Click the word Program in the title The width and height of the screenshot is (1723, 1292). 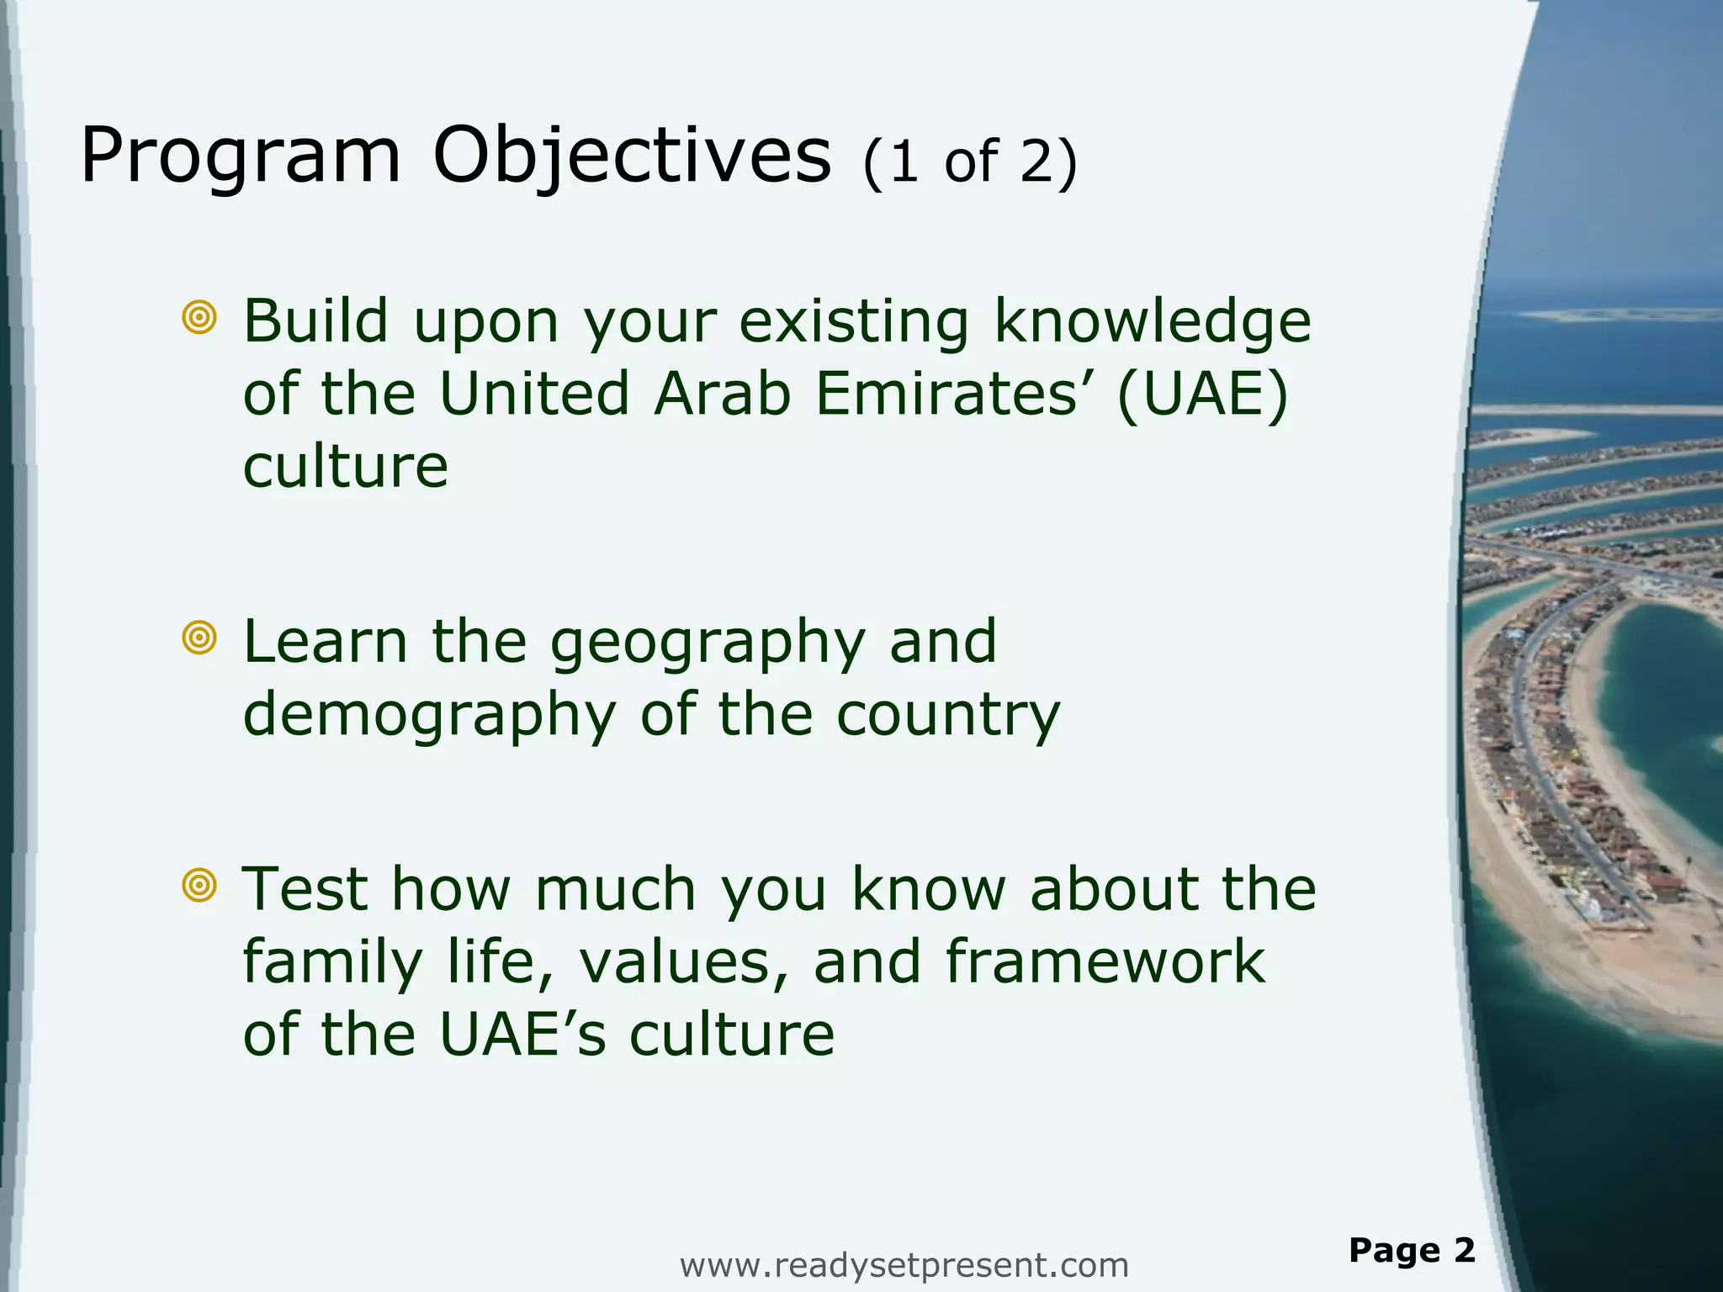point(241,158)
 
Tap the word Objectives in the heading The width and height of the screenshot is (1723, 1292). point(631,158)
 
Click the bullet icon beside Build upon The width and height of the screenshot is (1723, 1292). point(199,317)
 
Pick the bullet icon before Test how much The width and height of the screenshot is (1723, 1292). point(199,885)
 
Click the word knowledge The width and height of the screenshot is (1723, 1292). point(1152,323)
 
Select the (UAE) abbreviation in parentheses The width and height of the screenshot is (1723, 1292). point(1203,394)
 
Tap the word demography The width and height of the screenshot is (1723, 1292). point(429,716)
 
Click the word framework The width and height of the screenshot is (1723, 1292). point(1105,962)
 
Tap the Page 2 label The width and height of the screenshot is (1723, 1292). point(1412,1250)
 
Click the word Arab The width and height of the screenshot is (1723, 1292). point(723,394)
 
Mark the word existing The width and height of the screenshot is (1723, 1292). point(853,323)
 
